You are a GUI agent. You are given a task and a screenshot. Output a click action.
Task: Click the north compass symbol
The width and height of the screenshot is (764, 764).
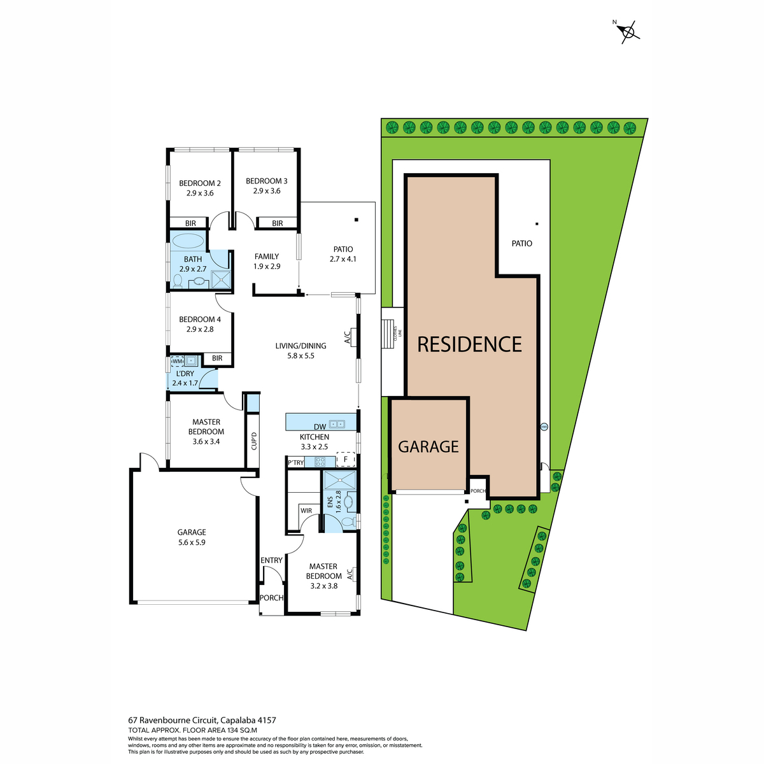pyautogui.click(x=628, y=32)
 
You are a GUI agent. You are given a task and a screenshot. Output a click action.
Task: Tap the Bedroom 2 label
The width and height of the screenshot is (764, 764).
pyautogui.click(x=200, y=183)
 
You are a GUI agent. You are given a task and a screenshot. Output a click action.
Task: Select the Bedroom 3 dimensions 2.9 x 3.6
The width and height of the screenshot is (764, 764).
pyautogui.click(x=267, y=191)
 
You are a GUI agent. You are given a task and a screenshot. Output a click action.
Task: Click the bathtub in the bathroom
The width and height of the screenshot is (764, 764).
pyautogui.click(x=188, y=241)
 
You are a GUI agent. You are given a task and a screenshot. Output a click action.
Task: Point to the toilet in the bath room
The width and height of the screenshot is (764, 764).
pyautogui.click(x=177, y=281)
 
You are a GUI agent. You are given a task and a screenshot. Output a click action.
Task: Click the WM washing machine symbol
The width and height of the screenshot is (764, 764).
pyautogui.click(x=177, y=362)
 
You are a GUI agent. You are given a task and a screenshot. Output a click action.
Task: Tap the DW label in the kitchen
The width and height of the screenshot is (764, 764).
pyautogui.click(x=320, y=427)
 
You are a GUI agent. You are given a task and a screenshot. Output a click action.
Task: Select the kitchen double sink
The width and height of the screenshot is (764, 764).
pyautogui.click(x=337, y=424)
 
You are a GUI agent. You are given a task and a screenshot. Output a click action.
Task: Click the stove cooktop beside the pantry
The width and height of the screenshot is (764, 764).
pyautogui.click(x=320, y=462)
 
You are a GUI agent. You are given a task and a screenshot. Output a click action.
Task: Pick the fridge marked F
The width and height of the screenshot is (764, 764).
pyautogui.click(x=345, y=459)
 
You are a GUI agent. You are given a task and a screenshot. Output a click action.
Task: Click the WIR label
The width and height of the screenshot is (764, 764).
pyautogui.click(x=306, y=511)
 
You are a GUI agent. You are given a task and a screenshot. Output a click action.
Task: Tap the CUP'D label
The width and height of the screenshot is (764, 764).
pyautogui.click(x=254, y=441)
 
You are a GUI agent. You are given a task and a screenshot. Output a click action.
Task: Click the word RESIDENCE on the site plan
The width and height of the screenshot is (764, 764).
pyautogui.click(x=469, y=344)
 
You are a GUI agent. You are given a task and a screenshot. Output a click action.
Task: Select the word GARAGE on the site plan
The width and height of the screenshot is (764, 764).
pyautogui.click(x=428, y=447)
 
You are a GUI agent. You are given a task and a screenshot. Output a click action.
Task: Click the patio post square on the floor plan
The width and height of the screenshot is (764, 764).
pyautogui.click(x=357, y=220)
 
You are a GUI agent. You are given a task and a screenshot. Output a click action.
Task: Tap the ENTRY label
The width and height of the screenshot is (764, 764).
pyautogui.click(x=271, y=560)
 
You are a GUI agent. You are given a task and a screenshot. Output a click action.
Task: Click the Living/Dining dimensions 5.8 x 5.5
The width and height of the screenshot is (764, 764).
pyautogui.click(x=301, y=356)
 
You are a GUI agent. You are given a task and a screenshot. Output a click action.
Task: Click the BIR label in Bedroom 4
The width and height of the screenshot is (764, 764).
pyautogui.click(x=217, y=358)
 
